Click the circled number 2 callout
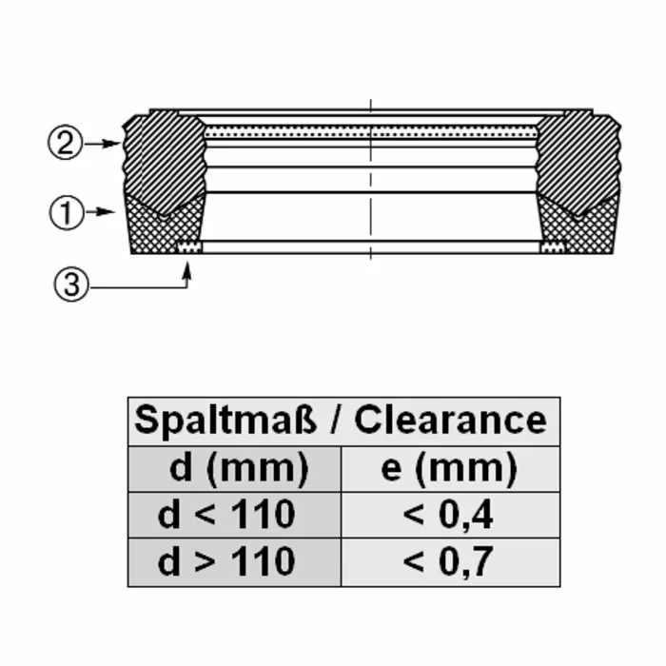coord(65,143)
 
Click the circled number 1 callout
coord(67,212)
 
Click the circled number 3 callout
coord(71,284)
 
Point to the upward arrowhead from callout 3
coord(186,270)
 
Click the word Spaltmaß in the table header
coord(225,421)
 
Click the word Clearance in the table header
coord(450,420)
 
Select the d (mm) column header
coord(239,469)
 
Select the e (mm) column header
coord(449,469)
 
